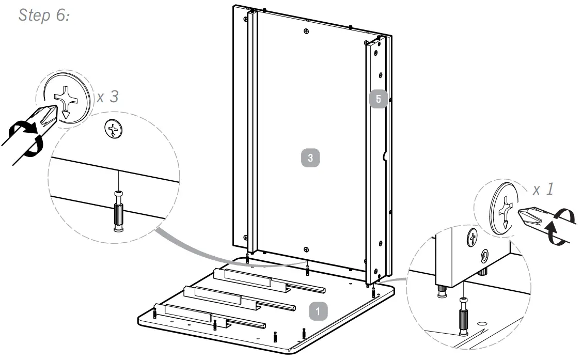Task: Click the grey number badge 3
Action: pos(310,158)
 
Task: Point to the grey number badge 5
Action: pos(378,99)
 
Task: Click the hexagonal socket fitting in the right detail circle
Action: pos(484,256)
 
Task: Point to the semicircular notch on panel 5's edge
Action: pos(384,155)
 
